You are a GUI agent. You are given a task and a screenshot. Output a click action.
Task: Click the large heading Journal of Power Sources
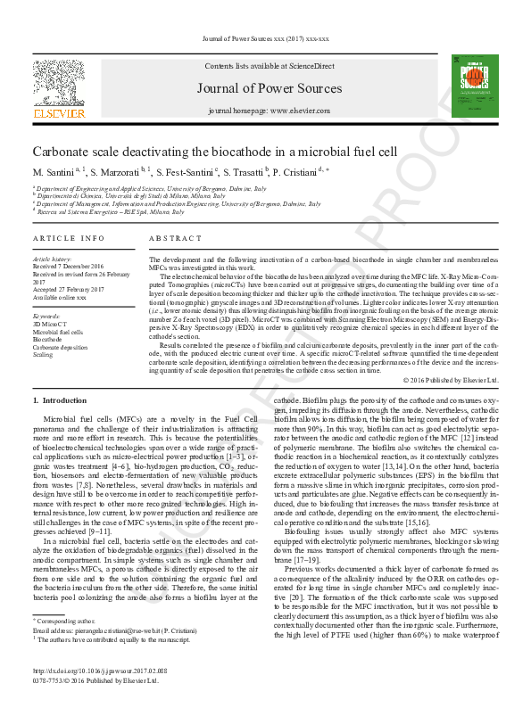pyautogui.click(x=269, y=87)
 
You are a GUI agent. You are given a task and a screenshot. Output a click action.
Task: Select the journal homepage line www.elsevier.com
pyautogui.click(x=269, y=111)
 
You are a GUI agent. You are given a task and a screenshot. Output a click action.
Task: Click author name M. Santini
pyautogui.click(x=54, y=171)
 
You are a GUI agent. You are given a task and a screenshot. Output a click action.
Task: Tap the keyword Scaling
pyautogui.click(x=43, y=354)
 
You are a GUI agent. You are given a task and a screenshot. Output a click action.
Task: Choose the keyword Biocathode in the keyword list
pyautogui.click(x=47, y=339)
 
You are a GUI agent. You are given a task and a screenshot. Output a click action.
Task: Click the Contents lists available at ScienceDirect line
pyautogui.click(x=269, y=67)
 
